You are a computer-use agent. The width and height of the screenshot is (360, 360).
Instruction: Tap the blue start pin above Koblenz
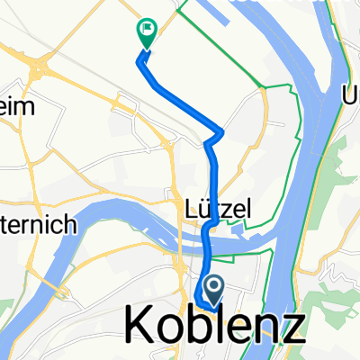[x=214, y=289]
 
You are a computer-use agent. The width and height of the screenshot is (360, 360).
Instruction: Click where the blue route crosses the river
[x=207, y=236]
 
